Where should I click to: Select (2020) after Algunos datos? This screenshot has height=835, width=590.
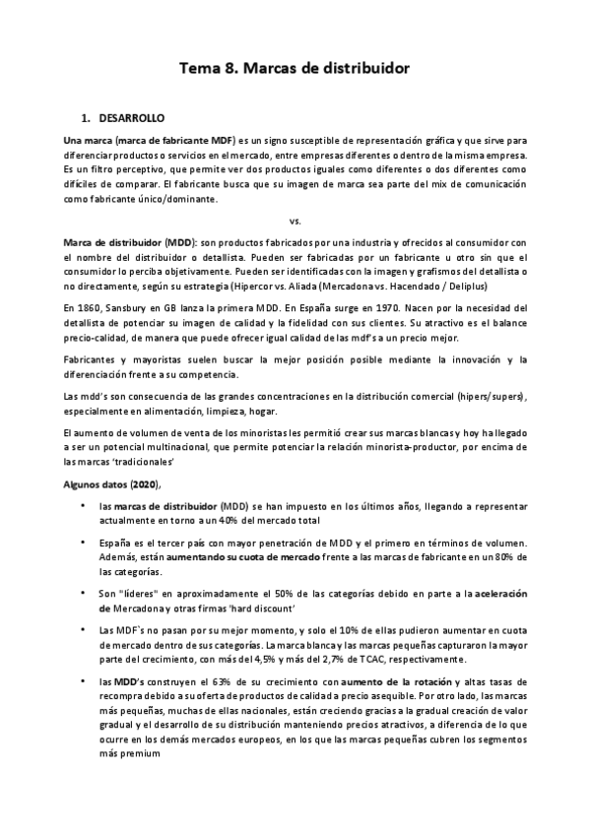coord(138,484)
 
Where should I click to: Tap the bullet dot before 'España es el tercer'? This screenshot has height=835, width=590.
coord(81,543)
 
